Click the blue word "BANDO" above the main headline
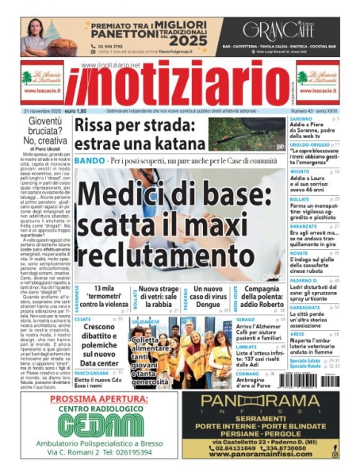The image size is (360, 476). point(89,161)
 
